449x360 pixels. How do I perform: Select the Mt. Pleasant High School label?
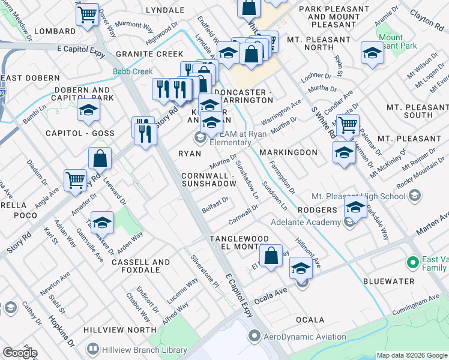[x=358, y=196]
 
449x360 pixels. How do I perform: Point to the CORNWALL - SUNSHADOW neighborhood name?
[x=207, y=179]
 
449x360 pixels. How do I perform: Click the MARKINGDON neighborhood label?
[x=288, y=152]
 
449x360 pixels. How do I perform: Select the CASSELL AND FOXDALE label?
[x=140, y=266]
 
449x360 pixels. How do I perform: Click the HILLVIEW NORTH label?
[x=120, y=330]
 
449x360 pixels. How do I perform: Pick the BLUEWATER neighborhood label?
[x=388, y=281]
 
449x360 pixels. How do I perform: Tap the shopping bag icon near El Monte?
[x=271, y=255]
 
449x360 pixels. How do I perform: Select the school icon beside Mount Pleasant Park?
[x=372, y=53]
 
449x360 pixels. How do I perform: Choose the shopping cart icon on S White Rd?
[x=347, y=125]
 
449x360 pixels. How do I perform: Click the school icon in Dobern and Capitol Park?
[x=89, y=110]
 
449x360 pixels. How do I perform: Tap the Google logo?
[x=19, y=353]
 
